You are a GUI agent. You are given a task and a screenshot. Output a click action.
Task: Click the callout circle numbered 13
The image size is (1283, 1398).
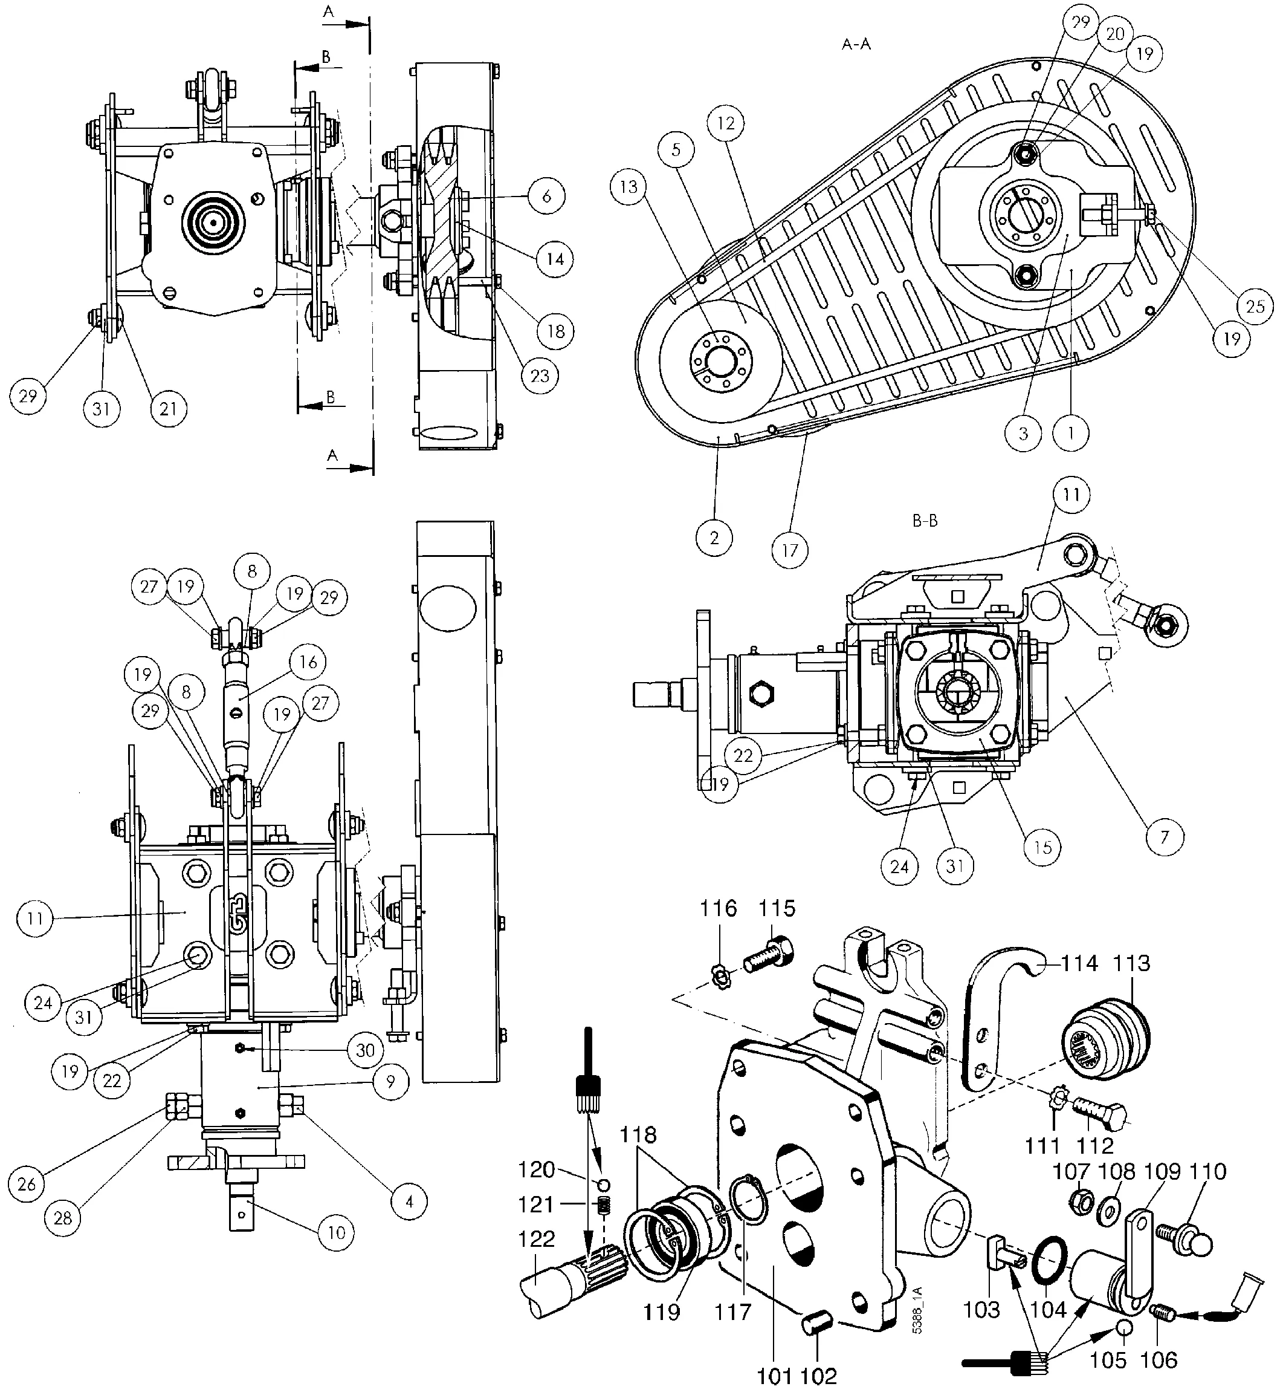[x=629, y=187]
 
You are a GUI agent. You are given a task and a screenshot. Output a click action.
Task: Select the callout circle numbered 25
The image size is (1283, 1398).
[x=1255, y=307]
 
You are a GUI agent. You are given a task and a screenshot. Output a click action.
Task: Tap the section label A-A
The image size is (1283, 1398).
[x=856, y=45]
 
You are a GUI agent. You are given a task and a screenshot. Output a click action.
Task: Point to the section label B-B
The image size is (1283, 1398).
[x=925, y=521]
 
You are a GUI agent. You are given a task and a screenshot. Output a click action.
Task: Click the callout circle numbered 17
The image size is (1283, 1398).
[x=790, y=551]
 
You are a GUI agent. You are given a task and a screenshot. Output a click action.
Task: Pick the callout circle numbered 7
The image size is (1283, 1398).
[x=1165, y=837]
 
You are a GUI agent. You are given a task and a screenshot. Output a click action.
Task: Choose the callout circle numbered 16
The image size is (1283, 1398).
[x=308, y=662]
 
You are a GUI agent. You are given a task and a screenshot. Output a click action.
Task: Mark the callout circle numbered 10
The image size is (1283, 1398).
[x=336, y=1233]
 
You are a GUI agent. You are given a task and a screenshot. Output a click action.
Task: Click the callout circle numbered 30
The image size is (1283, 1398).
[x=365, y=1051]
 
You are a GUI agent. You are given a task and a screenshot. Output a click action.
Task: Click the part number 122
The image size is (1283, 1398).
[x=537, y=1239]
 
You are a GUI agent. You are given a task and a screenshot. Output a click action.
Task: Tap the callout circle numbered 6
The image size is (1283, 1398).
[x=546, y=197]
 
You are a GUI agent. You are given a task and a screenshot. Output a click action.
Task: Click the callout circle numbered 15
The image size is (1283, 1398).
[x=1043, y=847]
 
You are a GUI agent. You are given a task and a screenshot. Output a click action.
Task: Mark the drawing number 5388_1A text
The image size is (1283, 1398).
[x=918, y=1310]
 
